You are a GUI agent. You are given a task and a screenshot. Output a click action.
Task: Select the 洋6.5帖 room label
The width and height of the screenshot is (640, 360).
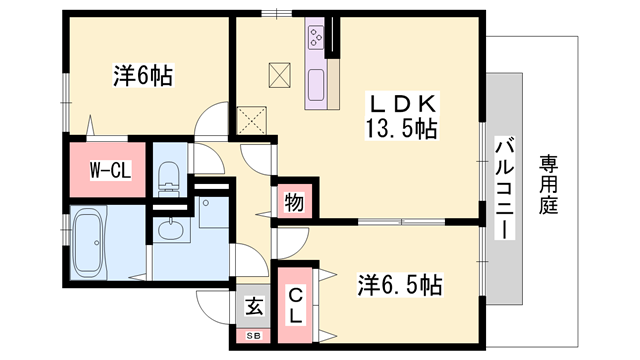(399, 285)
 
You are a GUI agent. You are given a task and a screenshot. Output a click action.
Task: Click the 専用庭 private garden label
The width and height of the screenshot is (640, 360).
(549, 184)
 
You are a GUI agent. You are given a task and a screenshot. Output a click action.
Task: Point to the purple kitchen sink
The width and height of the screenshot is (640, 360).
(317, 84)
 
